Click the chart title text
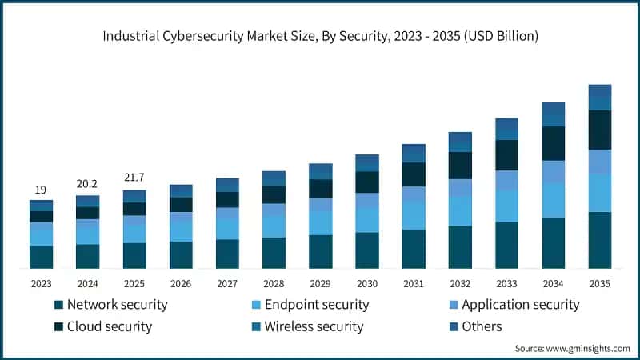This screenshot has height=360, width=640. [x=320, y=35]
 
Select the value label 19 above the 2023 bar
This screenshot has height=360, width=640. [x=41, y=190]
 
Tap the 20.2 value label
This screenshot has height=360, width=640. [x=87, y=182]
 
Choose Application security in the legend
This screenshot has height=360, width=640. [x=520, y=305]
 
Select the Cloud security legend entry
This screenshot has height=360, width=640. [x=109, y=326]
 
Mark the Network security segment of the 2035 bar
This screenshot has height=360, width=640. [x=599, y=240]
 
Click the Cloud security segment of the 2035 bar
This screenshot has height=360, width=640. [x=599, y=130]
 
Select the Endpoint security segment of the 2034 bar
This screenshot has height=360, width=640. [x=553, y=200]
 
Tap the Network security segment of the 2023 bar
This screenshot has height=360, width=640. [x=41, y=257]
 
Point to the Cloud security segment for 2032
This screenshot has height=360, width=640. [x=460, y=166]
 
